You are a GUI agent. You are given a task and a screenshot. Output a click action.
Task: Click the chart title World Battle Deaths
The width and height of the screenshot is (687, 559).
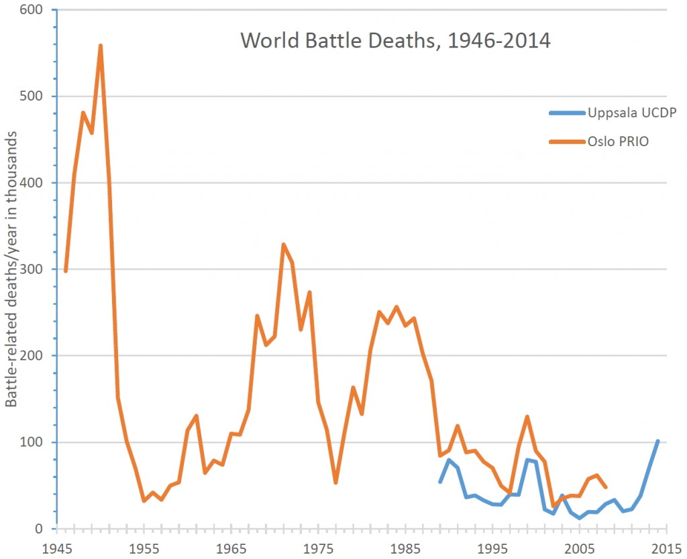click(x=395, y=41)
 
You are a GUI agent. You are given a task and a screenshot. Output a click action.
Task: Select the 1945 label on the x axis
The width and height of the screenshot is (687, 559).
click(x=57, y=546)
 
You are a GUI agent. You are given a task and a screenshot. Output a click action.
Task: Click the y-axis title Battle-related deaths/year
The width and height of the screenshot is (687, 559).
click(x=12, y=269)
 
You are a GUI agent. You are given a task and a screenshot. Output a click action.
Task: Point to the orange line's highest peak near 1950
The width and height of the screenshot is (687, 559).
click(x=101, y=46)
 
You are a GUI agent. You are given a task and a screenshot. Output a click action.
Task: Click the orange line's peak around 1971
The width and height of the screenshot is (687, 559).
click(x=283, y=244)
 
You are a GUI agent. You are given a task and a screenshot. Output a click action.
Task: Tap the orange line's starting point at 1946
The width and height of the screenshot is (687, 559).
click(x=66, y=271)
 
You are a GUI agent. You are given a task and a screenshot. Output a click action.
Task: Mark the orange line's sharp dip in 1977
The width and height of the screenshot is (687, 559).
click(x=335, y=483)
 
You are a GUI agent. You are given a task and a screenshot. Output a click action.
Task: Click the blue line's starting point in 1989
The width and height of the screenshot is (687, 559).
click(x=440, y=482)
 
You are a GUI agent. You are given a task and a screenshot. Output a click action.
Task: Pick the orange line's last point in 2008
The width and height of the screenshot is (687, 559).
click(x=606, y=487)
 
